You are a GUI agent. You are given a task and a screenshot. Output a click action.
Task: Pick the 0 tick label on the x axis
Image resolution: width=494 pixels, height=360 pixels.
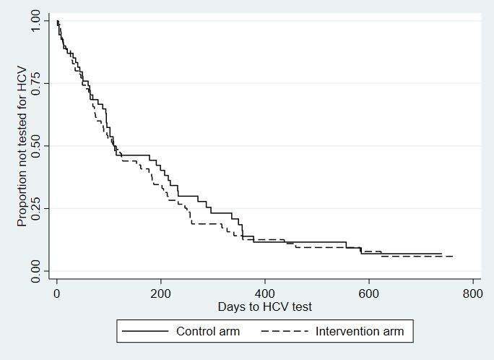(56, 294)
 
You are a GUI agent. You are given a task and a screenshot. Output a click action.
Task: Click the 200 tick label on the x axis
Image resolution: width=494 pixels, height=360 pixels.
(160, 294)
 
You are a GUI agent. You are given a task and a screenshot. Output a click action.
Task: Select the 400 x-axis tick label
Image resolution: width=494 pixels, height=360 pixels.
(265, 294)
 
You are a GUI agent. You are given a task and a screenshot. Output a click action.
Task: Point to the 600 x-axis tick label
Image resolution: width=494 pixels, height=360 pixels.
(369, 294)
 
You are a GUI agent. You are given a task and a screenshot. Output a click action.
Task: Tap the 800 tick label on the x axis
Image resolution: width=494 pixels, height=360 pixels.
(473, 294)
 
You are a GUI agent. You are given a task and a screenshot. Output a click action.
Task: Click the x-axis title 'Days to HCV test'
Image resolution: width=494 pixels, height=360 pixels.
(265, 307)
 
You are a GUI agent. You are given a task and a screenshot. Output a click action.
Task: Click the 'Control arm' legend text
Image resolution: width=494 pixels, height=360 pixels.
(208, 332)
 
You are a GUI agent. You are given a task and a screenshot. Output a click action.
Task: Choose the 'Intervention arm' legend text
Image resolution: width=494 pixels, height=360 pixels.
(360, 332)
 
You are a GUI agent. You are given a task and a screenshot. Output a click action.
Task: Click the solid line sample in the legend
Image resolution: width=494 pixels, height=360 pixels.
(145, 332)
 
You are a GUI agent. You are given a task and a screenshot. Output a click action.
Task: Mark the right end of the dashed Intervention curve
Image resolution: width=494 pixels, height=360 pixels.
(453, 256)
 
